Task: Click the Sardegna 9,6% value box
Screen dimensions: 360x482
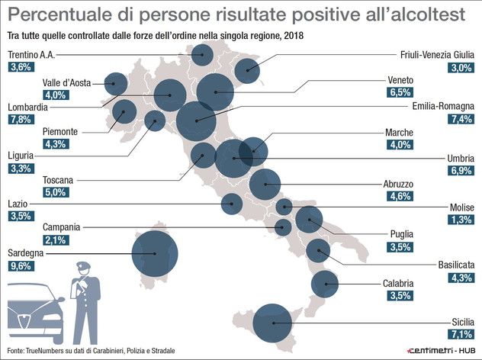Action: (x=19, y=265)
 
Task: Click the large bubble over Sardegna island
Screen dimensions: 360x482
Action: (x=155, y=254)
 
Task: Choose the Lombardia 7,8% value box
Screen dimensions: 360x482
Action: (x=19, y=120)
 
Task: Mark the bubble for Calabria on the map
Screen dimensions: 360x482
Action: (x=325, y=284)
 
